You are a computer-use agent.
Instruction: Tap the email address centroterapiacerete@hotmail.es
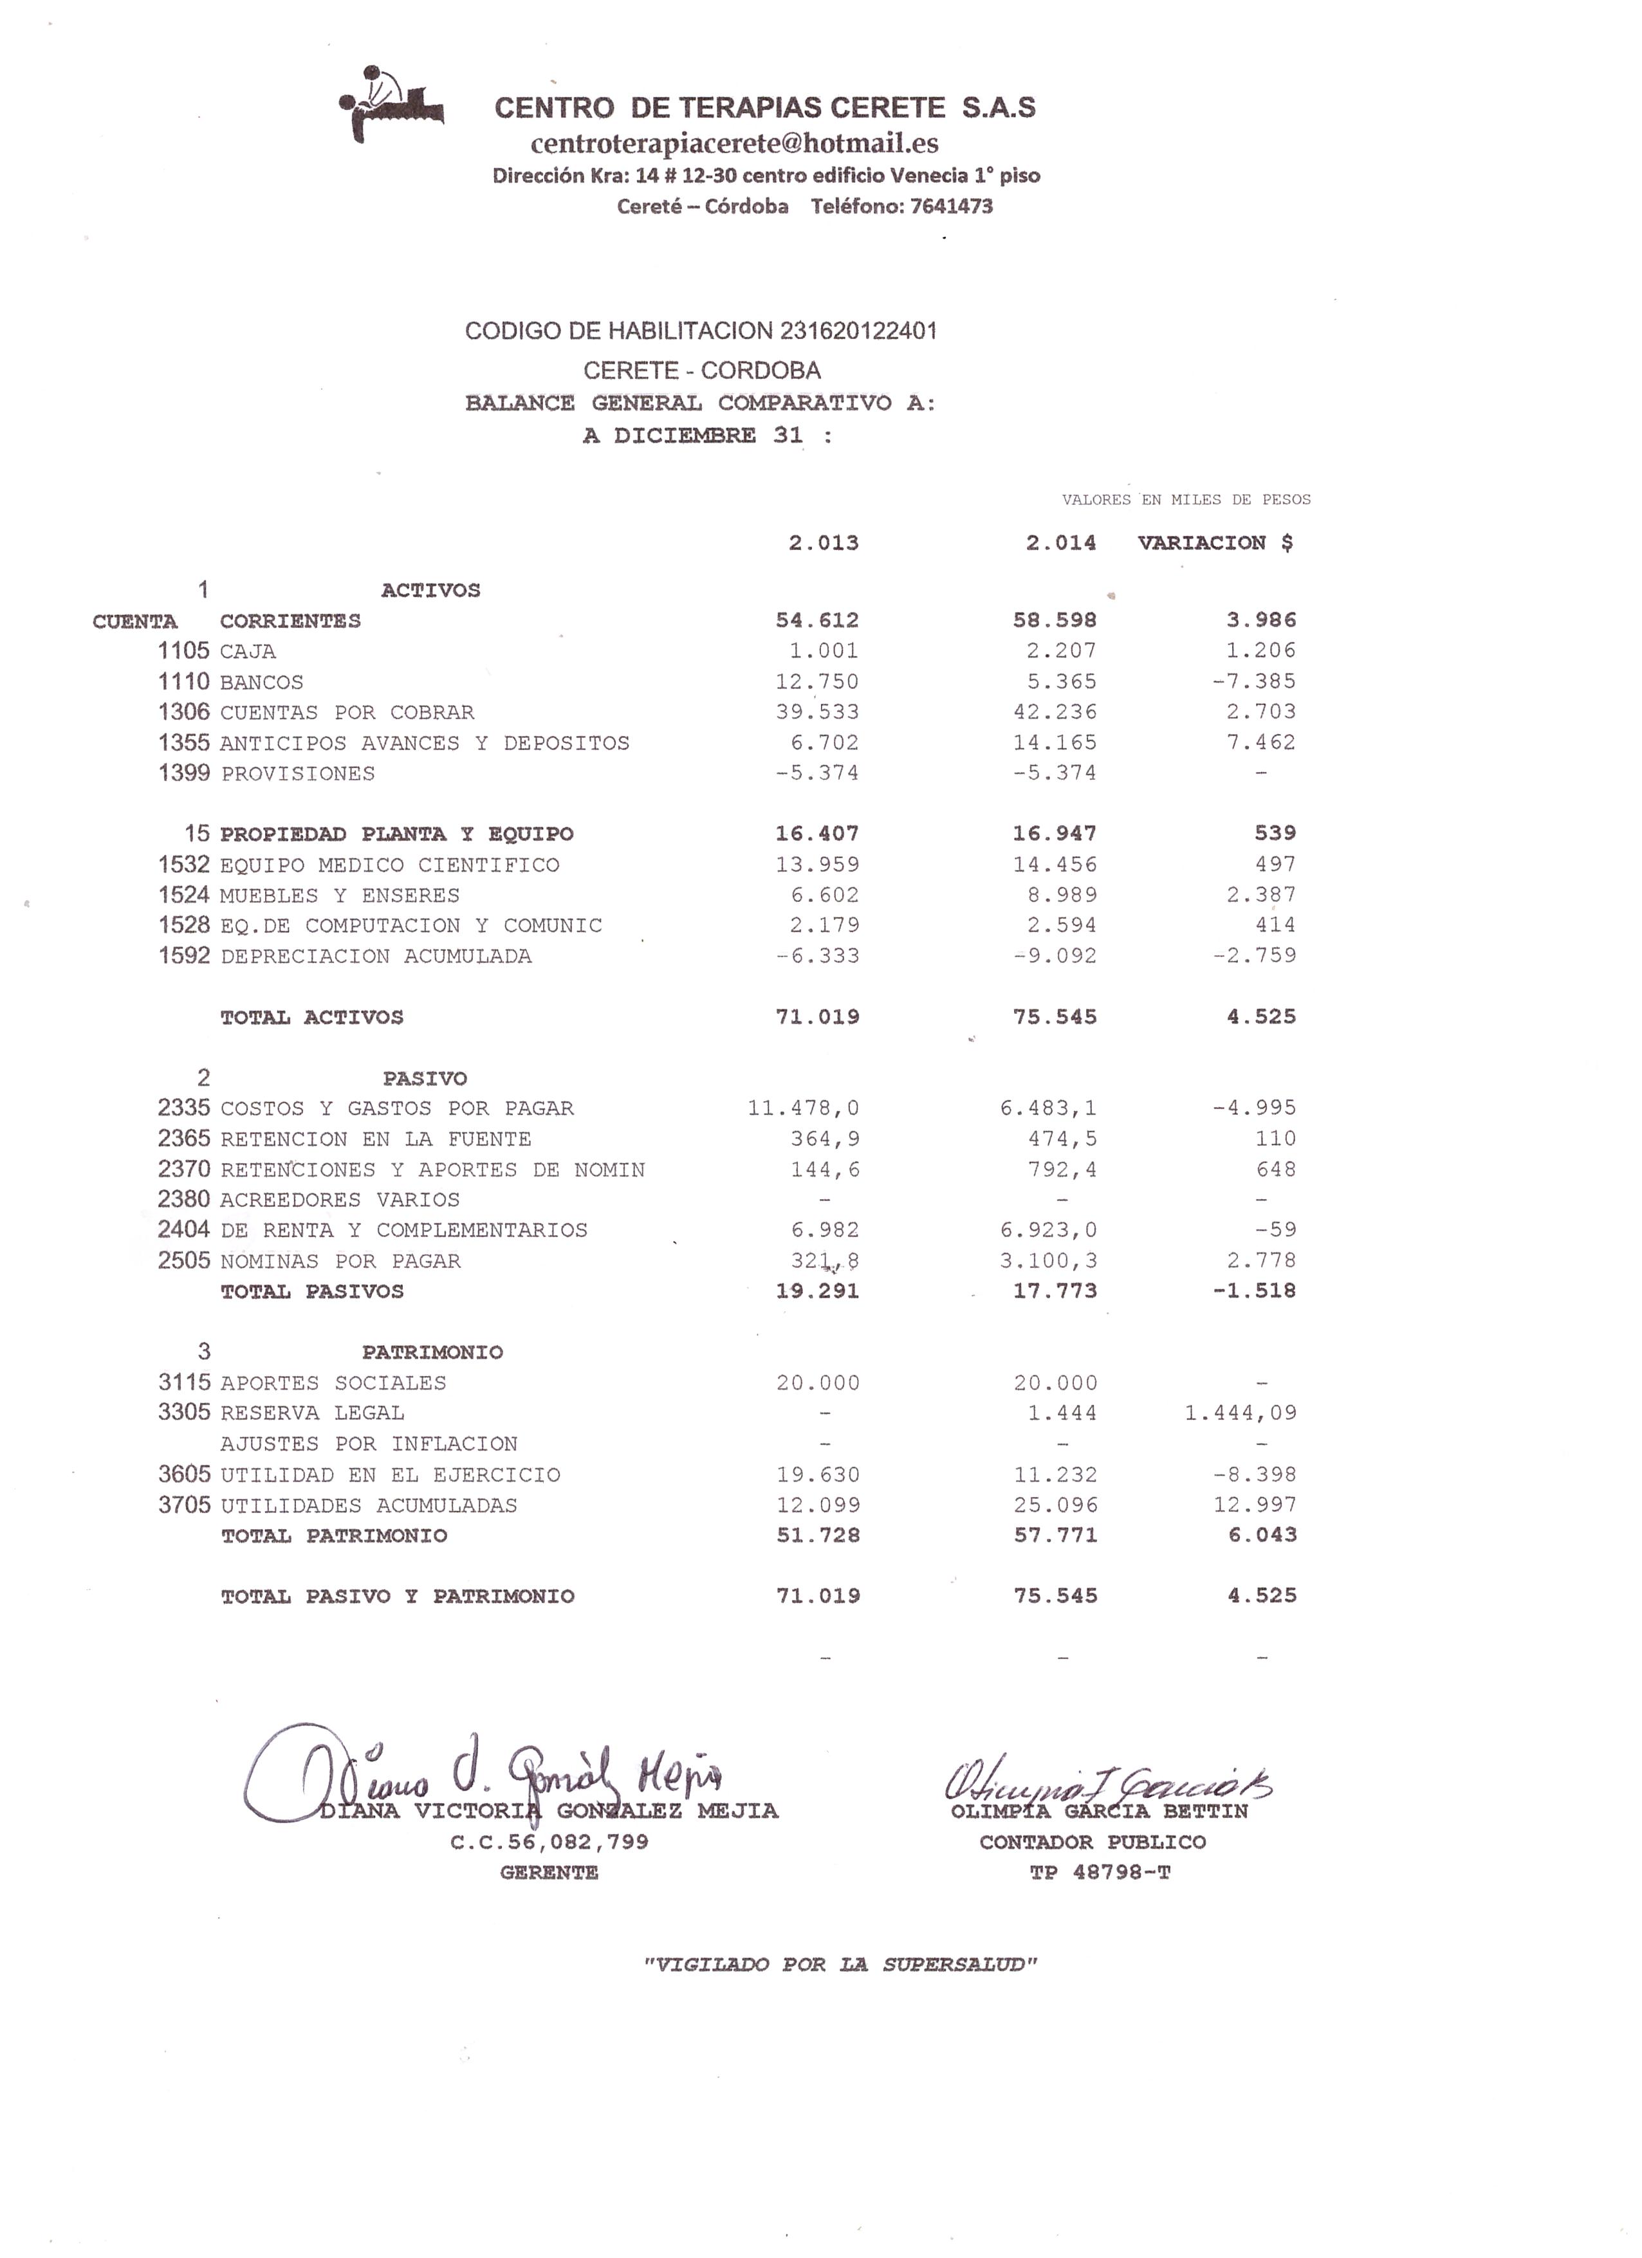(x=734, y=143)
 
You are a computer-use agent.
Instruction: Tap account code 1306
(x=184, y=712)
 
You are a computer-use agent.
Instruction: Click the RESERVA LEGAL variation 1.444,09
(x=1240, y=1413)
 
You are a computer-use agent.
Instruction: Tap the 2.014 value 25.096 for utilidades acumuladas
(x=1055, y=1505)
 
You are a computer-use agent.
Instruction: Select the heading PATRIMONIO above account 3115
(x=432, y=1352)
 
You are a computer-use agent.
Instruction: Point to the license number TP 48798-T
(x=1100, y=1873)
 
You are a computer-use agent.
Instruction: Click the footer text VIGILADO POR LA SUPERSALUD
(x=840, y=1964)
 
